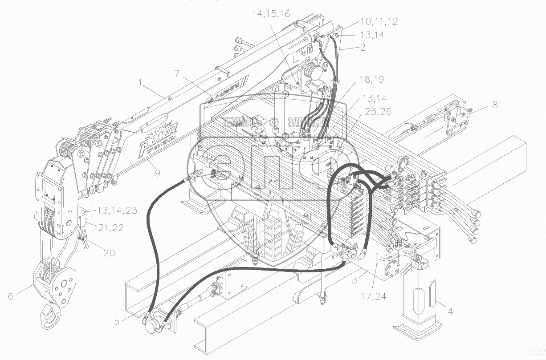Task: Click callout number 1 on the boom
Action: [141, 82]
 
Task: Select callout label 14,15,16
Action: [271, 14]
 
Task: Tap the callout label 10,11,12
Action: [379, 21]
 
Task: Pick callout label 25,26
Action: [377, 111]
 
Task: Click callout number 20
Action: [109, 253]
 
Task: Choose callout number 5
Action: [117, 321]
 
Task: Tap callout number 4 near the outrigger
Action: [450, 311]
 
